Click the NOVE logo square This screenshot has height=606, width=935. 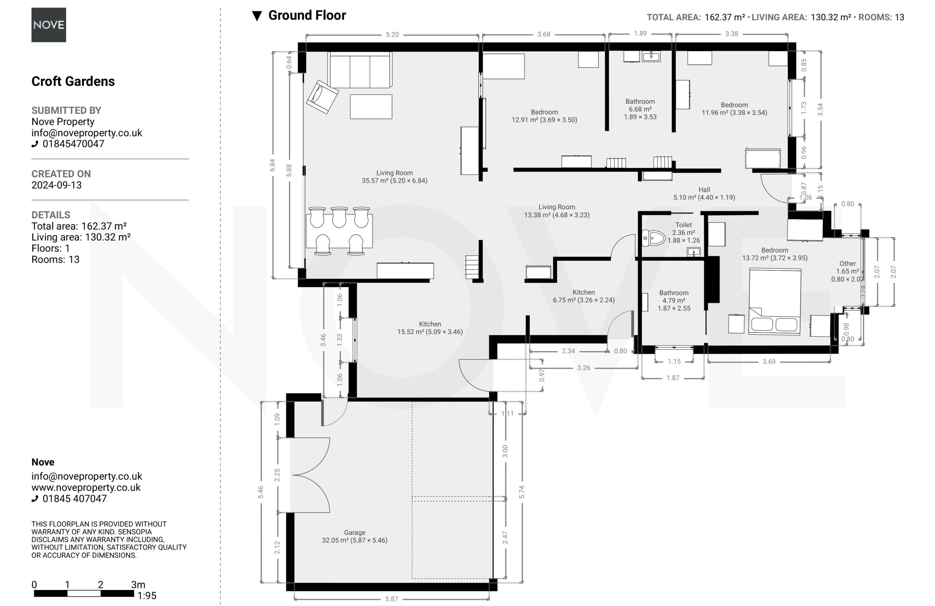click(x=49, y=25)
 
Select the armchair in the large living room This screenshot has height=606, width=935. click(x=322, y=97)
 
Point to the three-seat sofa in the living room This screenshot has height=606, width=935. click(x=360, y=70)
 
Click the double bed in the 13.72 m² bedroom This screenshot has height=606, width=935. click(x=775, y=301)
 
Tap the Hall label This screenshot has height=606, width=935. click(x=704, y=190)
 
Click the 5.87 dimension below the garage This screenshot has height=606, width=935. click(x=392, y=599)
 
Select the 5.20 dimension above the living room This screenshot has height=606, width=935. click(x=392, y=35)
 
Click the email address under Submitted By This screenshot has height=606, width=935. click(x=87, y=133)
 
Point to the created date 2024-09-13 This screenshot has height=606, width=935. click(x=57, y=185)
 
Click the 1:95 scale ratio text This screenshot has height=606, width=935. click(x=146, y=596)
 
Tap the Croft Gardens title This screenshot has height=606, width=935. click(x=73, y=81)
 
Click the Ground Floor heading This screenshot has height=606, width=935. click(x=307, y=15)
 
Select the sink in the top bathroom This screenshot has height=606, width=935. click(x=651, y=56)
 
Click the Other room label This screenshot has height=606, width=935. click(x=847, y=264)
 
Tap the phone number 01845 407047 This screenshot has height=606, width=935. click(x=75, y=499)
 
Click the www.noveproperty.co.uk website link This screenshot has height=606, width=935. click(x=86, y=488)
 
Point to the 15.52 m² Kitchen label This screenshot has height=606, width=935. click(x=430, y=328)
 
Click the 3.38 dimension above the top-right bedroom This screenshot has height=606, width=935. click(x=732, y=34)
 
